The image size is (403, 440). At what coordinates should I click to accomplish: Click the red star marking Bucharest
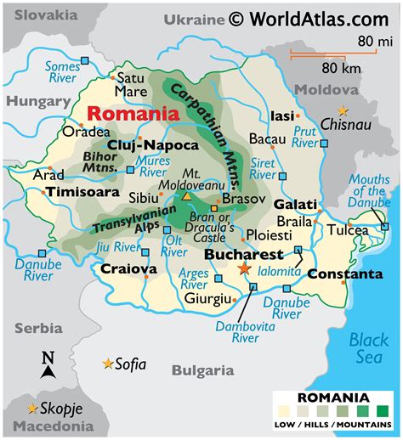pos(244,268)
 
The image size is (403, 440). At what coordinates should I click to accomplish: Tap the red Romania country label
pos(133,113)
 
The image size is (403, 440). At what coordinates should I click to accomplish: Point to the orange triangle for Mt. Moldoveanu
pos(187,197)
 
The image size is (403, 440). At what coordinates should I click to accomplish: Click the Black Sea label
pos(369,349)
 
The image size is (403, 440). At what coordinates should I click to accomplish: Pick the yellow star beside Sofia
pos(108,364)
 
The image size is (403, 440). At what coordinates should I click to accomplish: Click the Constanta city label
pos(344,274)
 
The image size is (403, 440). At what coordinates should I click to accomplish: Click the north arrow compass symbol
pos(48,365)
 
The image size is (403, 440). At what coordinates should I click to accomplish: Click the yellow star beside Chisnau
pos(343,111)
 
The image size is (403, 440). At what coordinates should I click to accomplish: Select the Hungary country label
pos(37,101)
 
